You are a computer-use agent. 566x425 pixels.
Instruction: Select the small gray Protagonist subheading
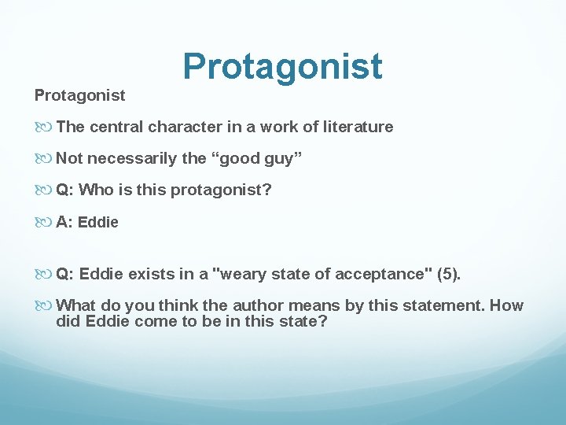pos(79,95)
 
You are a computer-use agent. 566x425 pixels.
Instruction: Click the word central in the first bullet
pos(116,127)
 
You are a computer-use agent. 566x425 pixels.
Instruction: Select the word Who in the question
pos(96,190)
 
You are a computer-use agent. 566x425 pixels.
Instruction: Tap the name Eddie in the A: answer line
pos(98,223)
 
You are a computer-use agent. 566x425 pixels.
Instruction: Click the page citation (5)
pos(450,274)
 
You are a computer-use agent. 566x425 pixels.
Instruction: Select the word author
pos(249,306)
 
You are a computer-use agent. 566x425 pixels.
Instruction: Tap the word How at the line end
pos(506,306)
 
